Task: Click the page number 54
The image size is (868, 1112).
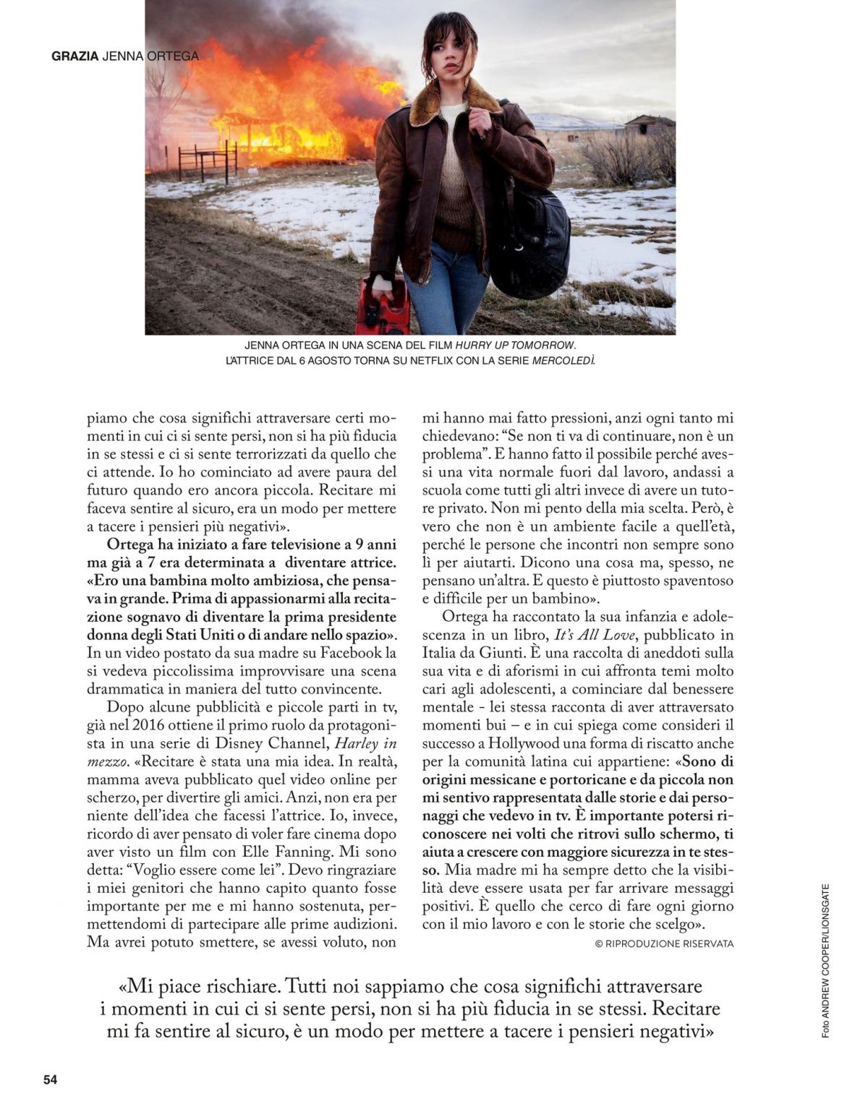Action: pyautogui.click(x=50, y=1079)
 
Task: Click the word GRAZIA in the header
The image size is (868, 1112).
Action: pyautogui.click(x=75, y=56)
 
